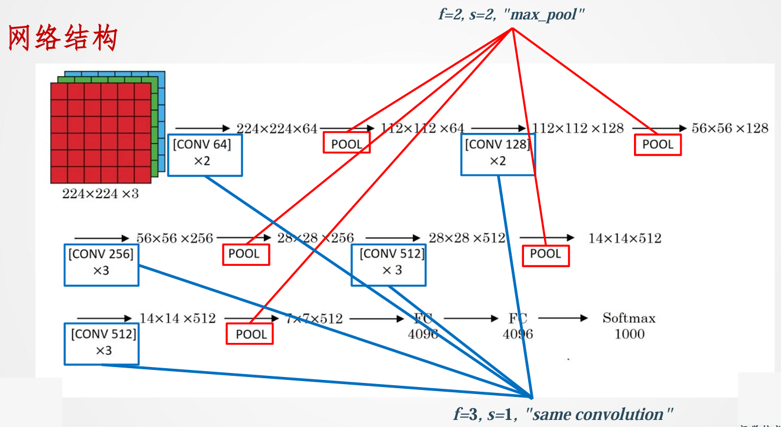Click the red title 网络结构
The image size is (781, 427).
pos(63,38)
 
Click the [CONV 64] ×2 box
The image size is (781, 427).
pos(205,155)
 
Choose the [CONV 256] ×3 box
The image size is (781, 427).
pos(101,265)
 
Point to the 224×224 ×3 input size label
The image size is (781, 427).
pos(101,194)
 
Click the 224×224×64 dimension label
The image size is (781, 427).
pos(276,128)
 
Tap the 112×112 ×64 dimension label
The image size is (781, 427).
pos(422,128)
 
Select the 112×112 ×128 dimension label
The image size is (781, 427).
pos(578,128)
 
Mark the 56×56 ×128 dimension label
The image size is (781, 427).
pos(730,128)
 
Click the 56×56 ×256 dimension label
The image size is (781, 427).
pos(175,238)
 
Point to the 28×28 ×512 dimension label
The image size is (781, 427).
pos(467,238)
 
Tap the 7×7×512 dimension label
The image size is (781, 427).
pos(314,319)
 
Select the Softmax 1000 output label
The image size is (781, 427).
pos(629,326)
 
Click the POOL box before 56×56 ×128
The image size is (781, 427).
pos(657,144)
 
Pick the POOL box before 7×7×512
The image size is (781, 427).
pos(250,334)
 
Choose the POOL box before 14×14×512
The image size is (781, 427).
pos(546,254)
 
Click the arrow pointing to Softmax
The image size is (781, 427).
pos(563,318)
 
